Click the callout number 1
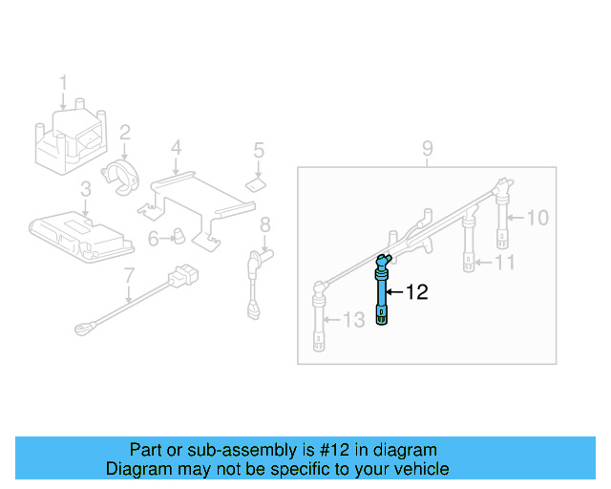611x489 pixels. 64,83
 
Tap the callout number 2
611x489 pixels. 124,130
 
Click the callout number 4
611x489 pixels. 176,148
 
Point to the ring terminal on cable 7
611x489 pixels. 82,330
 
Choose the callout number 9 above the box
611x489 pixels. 427,148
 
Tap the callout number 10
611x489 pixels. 537,218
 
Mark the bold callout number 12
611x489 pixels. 417,292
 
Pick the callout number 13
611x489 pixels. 353,320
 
